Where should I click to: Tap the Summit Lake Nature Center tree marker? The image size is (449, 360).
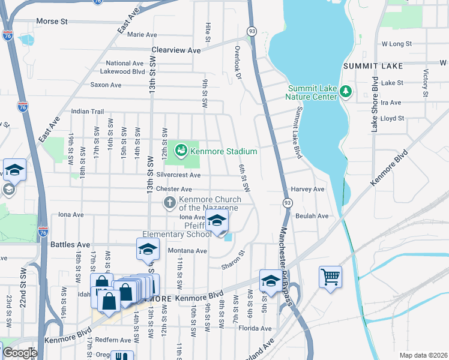(x=345, y=91)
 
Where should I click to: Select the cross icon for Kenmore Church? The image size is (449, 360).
(x=170, y=202)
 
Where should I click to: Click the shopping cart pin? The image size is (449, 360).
(x=330, y=277)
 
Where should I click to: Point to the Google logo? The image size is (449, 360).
(x=19, y=352)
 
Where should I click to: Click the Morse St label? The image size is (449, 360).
(x=52, y=22)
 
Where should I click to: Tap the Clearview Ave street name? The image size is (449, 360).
(x=176, y=50)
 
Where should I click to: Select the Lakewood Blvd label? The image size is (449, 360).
(x=125, y=71)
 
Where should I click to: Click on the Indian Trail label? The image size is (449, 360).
(x=88, y=112)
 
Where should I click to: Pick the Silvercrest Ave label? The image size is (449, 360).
(x=178, y=175)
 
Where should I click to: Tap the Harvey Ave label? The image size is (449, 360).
(x=307, y=189)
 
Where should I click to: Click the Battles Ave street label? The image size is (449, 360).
(x=70, y=245)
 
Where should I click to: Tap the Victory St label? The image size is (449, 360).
(x=425, y=83)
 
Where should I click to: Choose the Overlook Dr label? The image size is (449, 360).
(x=238, y=56)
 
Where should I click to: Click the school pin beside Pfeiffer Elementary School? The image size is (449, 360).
(x=217, y=220)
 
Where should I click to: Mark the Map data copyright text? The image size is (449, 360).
(x=423, y=355)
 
